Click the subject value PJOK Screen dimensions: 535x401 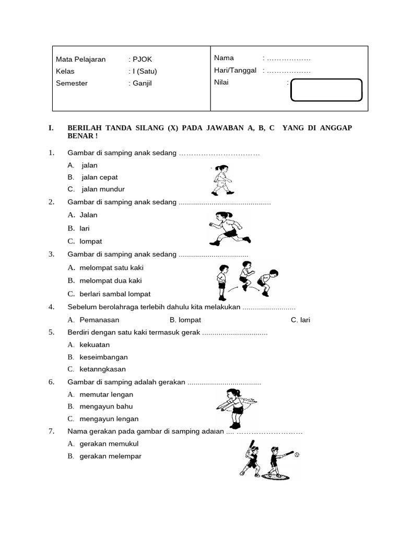click(141, 59)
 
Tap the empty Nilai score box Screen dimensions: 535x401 click(326, 89)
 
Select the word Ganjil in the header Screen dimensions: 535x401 click(141, 83)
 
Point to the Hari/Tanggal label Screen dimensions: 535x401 click(235, 70)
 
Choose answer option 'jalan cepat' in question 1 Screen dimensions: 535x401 click(99, 177)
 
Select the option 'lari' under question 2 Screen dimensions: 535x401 click(85, 228)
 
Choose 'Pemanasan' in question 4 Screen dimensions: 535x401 click(99, 320)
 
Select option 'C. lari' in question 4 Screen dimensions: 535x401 click(300, 320)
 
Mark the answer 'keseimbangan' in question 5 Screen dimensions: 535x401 click(103, 357)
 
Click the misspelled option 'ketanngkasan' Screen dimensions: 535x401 click(102, 369)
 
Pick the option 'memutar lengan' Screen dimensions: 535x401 click(106, 394)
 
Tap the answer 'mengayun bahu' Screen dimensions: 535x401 click(106, 406)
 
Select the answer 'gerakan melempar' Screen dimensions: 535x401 click(110, 456)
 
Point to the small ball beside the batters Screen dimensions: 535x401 click(297, 456)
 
